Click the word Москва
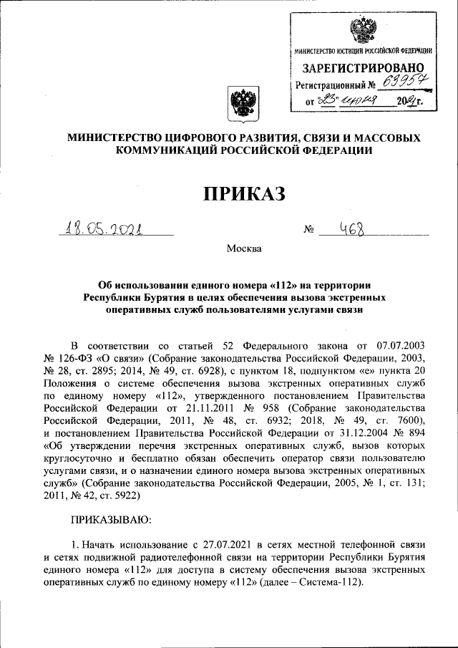point(245,249)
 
